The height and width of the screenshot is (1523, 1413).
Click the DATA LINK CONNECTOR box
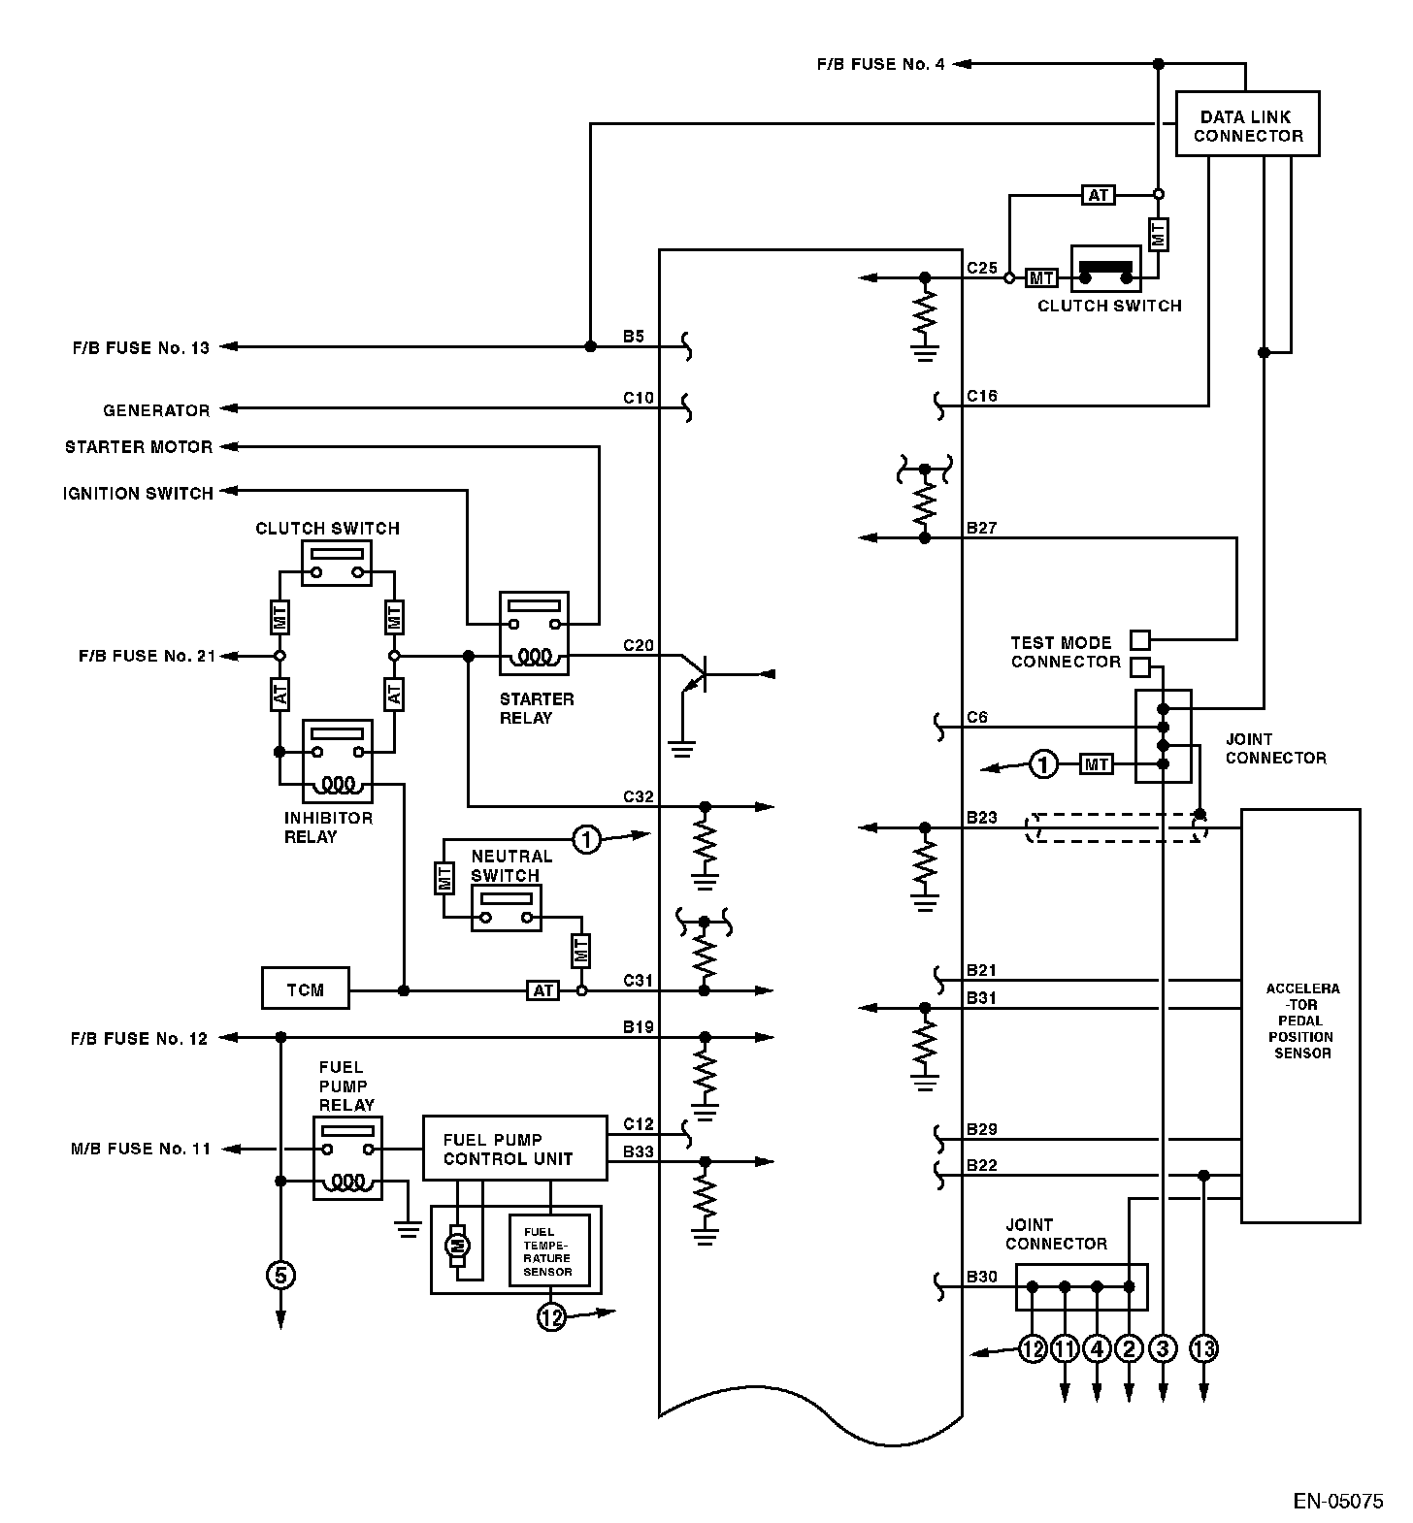(1247, 124)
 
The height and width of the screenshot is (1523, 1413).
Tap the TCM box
(305, 988)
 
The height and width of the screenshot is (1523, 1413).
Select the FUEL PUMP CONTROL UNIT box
(514, 1149)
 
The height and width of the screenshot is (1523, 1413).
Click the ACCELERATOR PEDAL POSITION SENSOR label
(1301, 1021)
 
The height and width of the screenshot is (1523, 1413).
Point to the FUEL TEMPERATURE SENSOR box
(548, 1251)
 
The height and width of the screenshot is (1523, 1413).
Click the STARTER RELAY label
(536, 708)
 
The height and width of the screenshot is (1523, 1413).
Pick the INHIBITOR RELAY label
(328, 827)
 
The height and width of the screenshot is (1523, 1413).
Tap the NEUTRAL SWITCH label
(510, 865)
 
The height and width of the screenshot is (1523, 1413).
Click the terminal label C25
(982, 268)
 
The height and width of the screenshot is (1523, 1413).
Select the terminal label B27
(982, 529)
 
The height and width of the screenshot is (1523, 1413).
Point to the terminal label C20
(639, 645)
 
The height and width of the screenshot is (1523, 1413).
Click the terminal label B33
(639, 1151)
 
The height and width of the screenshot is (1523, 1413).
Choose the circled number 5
(280, 1275)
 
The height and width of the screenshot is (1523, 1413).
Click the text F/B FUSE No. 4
(880, 65)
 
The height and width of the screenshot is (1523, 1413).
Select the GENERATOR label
(156, 410)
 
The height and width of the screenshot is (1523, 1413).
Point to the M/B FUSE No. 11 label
(141, 1150)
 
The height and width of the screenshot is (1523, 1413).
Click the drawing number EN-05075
(1338, 1502)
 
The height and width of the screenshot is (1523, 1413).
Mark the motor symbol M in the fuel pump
(456, 1245)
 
